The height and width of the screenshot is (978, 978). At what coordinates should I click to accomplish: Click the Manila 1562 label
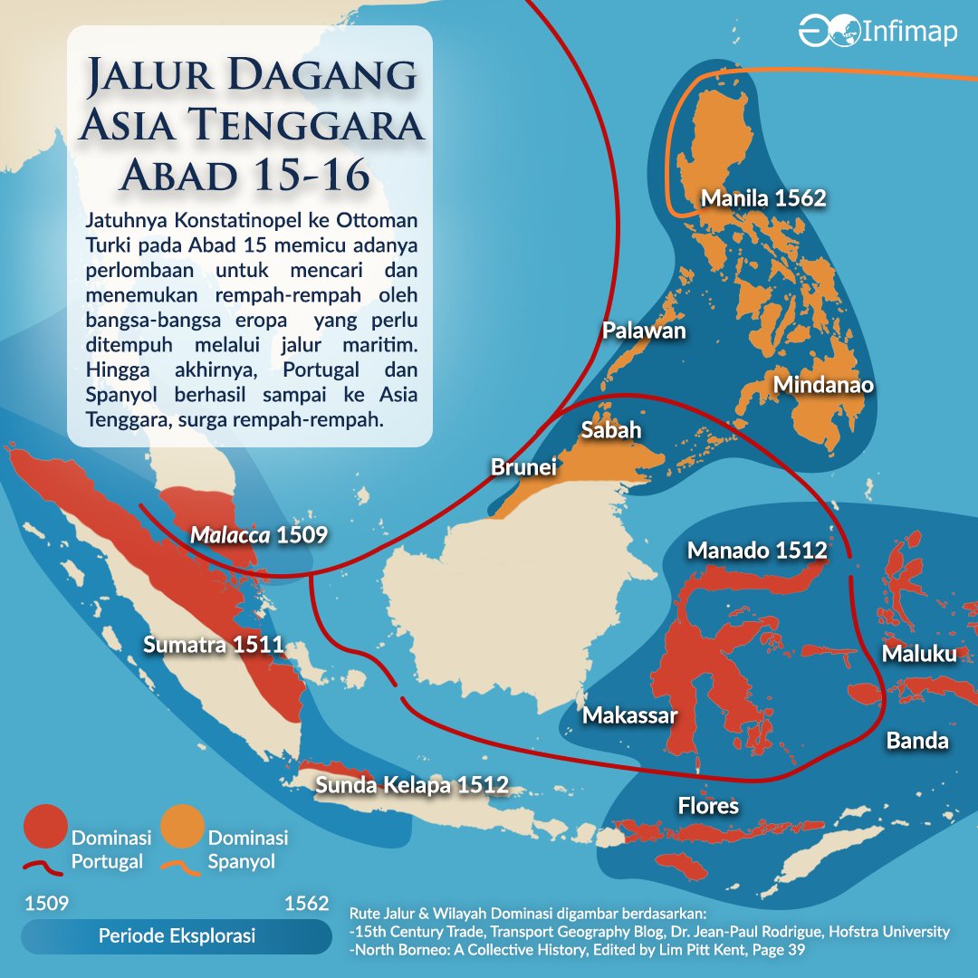pyautogui.click(x=764, y=197)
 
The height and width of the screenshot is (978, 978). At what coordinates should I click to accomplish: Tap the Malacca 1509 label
pyautogui.click(x=258, y=535)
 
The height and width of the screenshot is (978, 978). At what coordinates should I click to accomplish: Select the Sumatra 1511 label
pyautogui.click(x=214, y=645)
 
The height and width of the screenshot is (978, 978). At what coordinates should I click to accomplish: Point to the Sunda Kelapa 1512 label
pyautogui.click(x=412, y=785)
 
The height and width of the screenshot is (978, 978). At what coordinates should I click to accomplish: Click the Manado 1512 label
pyautogui.click(x=756, y=551)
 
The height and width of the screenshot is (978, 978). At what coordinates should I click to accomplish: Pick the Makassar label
pyautogui.click(x=629, y=715)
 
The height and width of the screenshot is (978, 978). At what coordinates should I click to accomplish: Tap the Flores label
pyautogui.click(x=708, y=805)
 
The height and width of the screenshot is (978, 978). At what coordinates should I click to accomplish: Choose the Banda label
pyautogui.click(x=916, y=741)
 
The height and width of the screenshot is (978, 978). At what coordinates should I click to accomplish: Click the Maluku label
pyautogui.click(x=919, y=653)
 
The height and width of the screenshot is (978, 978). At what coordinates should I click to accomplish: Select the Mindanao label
pyautogui.click(x=823, y=385)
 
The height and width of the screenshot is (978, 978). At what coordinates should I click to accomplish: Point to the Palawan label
pyautogui.click(x=644, y=331)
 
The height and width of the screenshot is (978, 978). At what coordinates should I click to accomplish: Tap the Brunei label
pyautogui.click(x=523, y=467)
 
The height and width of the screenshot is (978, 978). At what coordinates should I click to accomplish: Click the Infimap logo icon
pyautogui.click(x=825, y=31)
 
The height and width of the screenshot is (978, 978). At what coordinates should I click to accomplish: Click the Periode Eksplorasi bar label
pyautogui.click(x=177, y=936)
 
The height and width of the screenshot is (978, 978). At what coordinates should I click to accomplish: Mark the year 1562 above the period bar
pyautogui.click(x=306, y=904)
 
